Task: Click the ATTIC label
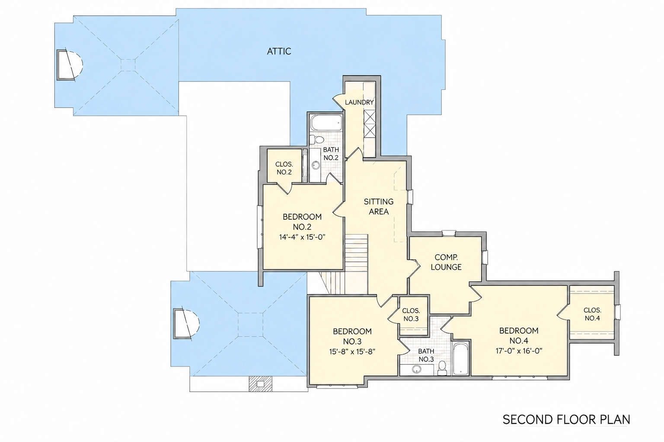279,51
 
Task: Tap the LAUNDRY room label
359,102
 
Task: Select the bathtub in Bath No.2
326,122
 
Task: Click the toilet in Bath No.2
316,139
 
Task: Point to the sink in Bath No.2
316,165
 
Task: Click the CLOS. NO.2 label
284,168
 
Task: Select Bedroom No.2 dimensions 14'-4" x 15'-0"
302,237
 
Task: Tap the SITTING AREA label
379,207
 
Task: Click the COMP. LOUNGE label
446,262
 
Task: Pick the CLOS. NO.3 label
411,315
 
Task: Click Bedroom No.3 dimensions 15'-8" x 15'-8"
352,352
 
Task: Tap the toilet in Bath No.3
442,368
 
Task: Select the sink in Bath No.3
417,369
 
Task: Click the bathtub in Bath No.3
460,359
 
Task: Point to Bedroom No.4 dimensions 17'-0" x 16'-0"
519,351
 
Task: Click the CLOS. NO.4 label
592,314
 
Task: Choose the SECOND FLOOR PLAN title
566,420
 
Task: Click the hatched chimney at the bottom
260,384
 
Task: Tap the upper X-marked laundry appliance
370,117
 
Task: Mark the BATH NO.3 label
426,355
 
